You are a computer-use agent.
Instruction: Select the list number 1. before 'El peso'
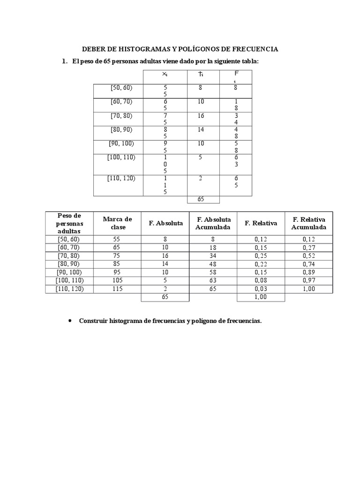click(65, 61)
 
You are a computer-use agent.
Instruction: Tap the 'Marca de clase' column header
click(117, 223)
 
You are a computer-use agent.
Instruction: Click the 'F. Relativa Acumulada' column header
click(308, 223)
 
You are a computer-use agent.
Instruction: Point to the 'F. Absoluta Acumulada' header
click(213, 223)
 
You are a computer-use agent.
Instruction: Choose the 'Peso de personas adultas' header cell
click(69, 223)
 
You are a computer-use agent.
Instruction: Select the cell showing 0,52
click(308, 255)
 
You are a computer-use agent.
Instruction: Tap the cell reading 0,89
click(308, 272)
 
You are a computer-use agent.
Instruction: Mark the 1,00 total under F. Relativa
click(261, 297)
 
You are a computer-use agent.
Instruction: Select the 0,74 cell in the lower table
click(308, 264)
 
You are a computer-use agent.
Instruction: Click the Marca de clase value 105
click(117, 281)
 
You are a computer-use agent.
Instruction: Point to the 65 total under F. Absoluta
click(165, 297)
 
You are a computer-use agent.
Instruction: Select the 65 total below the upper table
click(201, 199)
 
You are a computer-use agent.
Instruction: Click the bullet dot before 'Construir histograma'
click(70, 321)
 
